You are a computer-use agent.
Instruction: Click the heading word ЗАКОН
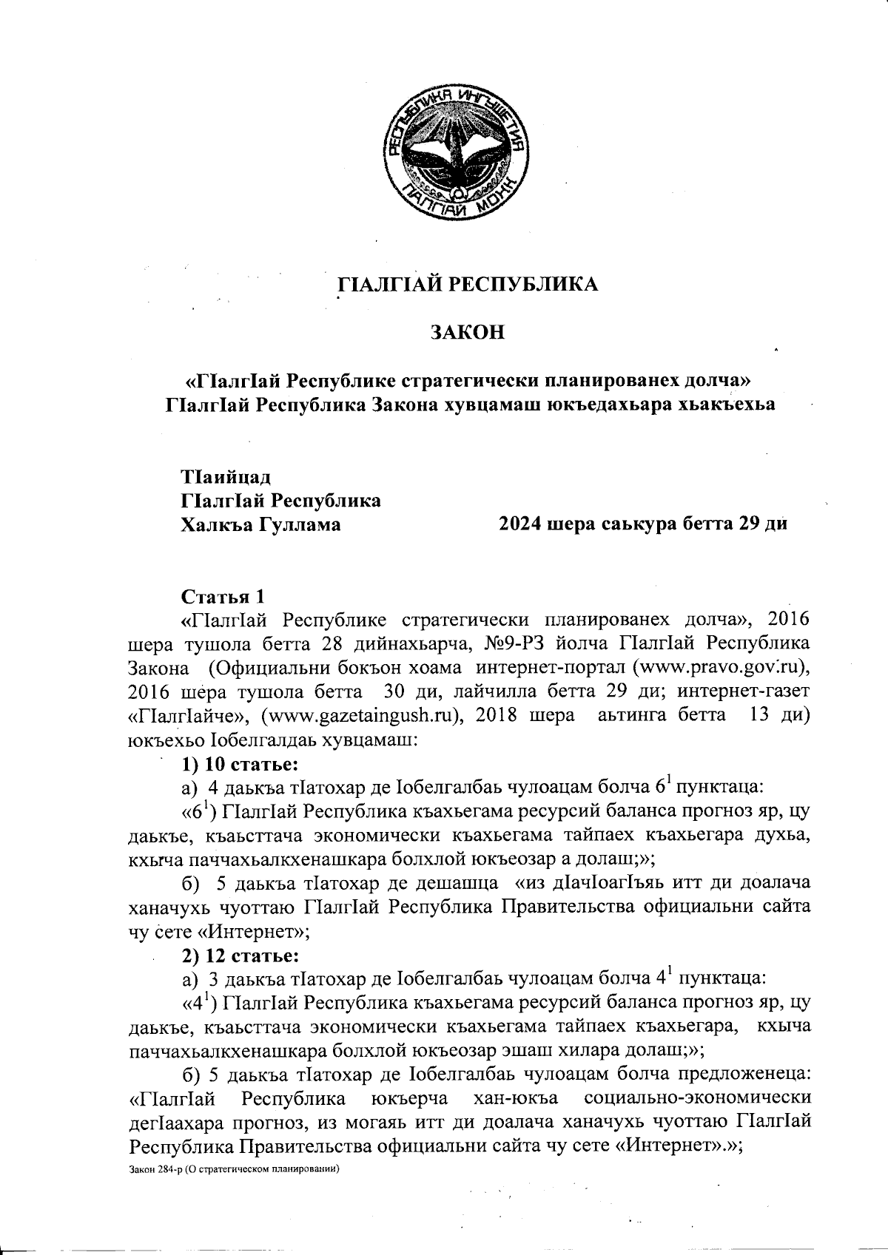pos(468,333)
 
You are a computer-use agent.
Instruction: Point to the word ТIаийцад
pos(220,476)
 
